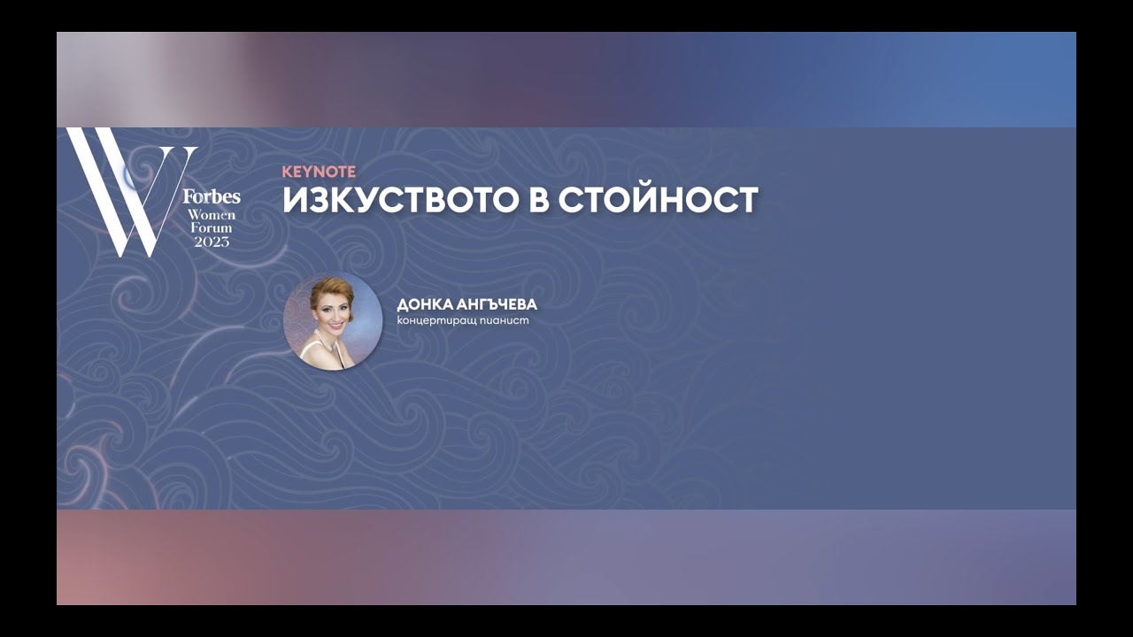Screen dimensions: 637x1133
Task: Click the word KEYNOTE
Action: point(319,172)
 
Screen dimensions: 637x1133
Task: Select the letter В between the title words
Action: point(540,200)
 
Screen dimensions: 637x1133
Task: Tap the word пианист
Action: point(506,320)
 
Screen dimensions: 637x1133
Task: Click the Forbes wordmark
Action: point(212,196)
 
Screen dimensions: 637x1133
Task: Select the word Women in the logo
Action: point(212,215)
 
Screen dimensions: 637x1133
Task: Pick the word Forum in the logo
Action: point(212,228)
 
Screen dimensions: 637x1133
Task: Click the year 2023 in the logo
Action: point(212,242)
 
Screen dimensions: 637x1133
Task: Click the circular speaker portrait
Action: point(333,320)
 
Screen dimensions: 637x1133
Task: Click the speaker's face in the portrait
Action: point(328,314)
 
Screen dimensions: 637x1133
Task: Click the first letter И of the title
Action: point(294,200)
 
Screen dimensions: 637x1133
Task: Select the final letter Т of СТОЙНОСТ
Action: point(747,200)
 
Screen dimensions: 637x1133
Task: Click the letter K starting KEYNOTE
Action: point(287,172)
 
